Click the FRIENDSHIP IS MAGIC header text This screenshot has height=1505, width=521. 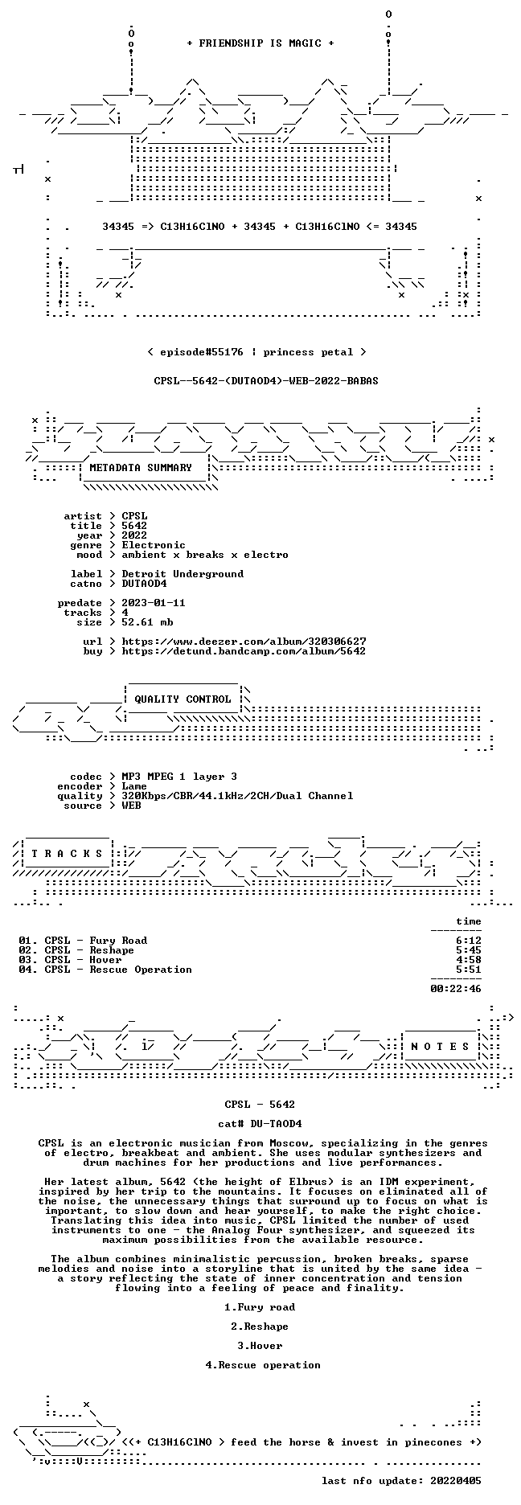(x=260, y=43)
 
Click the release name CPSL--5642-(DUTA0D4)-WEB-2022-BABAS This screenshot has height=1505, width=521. (x=266, y=381)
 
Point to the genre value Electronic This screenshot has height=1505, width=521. (x=154, y=545)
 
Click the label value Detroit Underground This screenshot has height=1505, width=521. (x=183, y=574)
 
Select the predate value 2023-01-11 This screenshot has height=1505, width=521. (x=154, y=603)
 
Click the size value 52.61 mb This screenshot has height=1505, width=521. (x=147, y=622)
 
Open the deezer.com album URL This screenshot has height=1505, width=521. (x=244, y=642)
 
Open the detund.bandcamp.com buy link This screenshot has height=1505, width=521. (x=244, y=651)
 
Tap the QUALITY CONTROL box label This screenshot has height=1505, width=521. (x=183, y=699)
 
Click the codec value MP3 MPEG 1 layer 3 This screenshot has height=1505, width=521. (x=179, y=777)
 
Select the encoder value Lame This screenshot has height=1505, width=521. (x=134, y=786)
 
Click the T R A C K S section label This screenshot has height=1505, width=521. (x=67, y=854)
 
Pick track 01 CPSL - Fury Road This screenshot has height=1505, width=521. (x=83, y=941)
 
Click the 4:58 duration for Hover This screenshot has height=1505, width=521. (x=469, y=960)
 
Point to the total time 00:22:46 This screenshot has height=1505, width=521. (x=456, y=989)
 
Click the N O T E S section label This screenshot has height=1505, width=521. (x=440, y=1047)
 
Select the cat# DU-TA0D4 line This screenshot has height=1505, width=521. (x=260, y=1124)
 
